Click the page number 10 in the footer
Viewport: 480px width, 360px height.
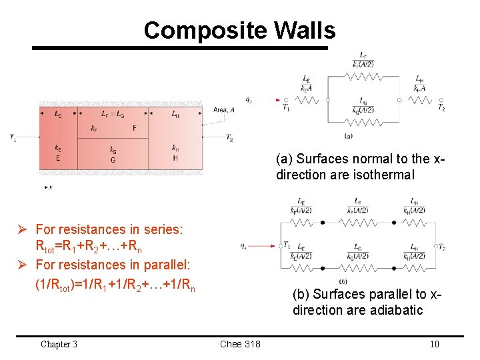click(x=435, y=344)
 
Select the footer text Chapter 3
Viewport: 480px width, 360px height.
click(x=59, y=344)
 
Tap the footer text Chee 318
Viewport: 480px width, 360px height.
click(x=240, y=344)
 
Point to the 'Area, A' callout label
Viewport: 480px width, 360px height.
click(x=224, y=110)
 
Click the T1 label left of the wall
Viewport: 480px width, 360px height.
click(x=13, y=137)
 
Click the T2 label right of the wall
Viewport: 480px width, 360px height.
click(x=229, y=138)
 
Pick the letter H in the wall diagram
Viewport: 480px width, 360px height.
click(x=175, y=159)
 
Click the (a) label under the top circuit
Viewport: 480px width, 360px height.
click(x=349, y=135)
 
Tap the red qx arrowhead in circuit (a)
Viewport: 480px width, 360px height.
click(x=277, y=100)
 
